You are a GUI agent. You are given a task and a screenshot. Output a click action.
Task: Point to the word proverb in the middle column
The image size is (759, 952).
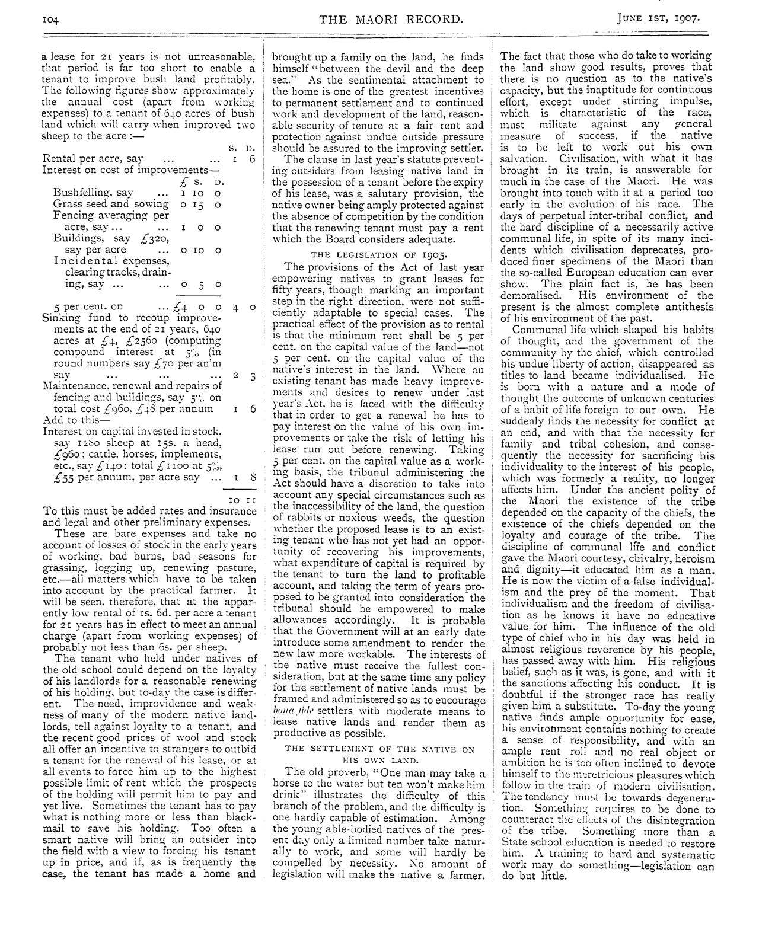click(334, 772)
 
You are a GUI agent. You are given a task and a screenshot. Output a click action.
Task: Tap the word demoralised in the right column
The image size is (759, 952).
click(530, 295)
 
